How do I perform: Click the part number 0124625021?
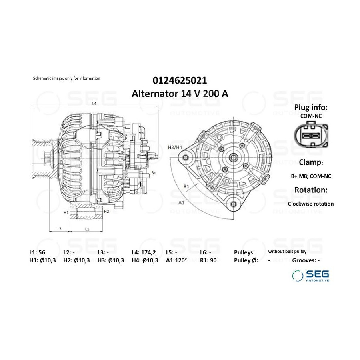[180, 80]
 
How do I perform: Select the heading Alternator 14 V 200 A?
[180, 94]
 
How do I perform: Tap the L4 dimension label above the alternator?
[94, 104]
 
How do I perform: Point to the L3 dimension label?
[59, 229]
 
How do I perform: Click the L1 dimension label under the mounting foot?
[87, 229]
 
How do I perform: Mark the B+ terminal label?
[154, 173]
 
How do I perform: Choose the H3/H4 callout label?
[175, 147]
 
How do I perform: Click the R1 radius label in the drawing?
[186, 186]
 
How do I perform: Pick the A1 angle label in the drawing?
[181, 202]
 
